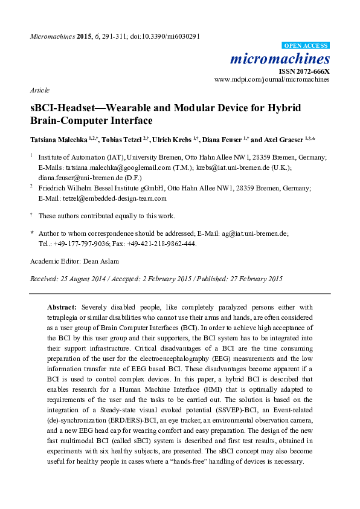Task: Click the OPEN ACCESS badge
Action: click(x=306, y=45)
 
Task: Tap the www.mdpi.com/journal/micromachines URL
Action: click(x=272, y=79)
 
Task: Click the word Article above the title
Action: click(x=39, y=90)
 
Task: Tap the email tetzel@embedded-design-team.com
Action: click(x=111, y=198)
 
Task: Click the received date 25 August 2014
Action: click(x=82, y=279)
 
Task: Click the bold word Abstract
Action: click(x=62, y=307)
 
